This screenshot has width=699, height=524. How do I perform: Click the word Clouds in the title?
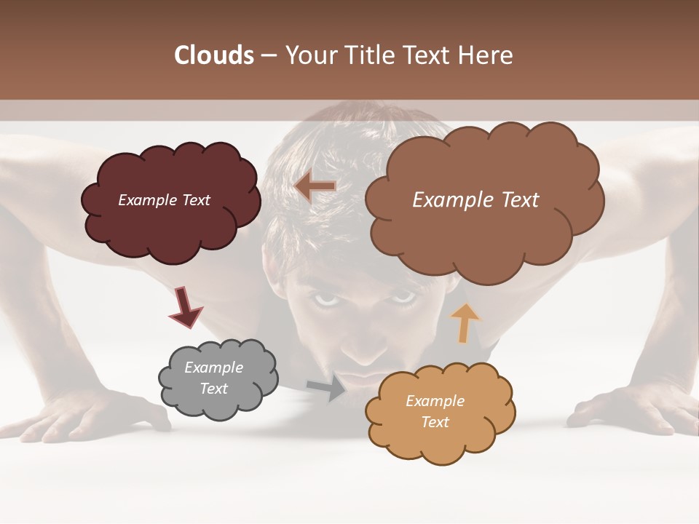click(214, 55)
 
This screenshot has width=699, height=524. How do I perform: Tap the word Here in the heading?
click(486, 55)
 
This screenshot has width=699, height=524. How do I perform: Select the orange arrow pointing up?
click(465, 322)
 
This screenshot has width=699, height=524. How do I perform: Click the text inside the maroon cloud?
click(164, 200)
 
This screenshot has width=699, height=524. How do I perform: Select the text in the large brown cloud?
click(475, 200)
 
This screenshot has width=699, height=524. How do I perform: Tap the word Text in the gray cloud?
click(213, 389)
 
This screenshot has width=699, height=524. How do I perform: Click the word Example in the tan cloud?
click(435, 401)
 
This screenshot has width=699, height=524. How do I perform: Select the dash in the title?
click(268, 55)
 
